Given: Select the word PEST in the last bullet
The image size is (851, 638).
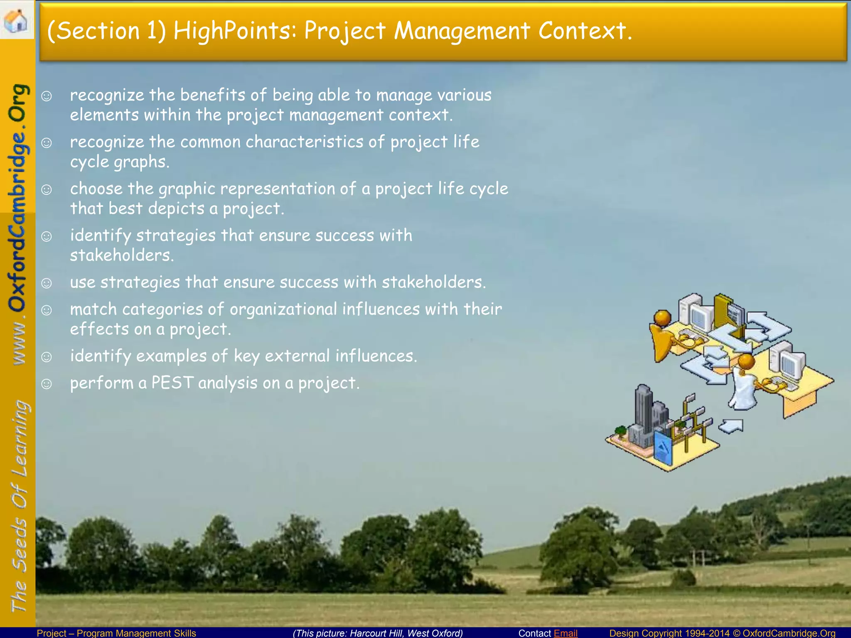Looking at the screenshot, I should (x=172, y=383).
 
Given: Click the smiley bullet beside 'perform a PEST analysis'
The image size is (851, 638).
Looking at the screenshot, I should (x=47, y=384).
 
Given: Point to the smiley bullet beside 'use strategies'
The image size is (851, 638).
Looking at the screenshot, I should (x=47, y=283).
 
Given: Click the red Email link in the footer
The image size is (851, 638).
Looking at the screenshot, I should (x=566, y=633).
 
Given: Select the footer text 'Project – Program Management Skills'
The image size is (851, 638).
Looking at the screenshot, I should (x=116, y=633).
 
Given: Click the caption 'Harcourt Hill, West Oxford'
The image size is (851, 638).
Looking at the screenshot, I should (x=406, y=633).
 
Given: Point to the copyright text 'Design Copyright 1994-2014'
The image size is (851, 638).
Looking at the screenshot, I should (x=669, y=633).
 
